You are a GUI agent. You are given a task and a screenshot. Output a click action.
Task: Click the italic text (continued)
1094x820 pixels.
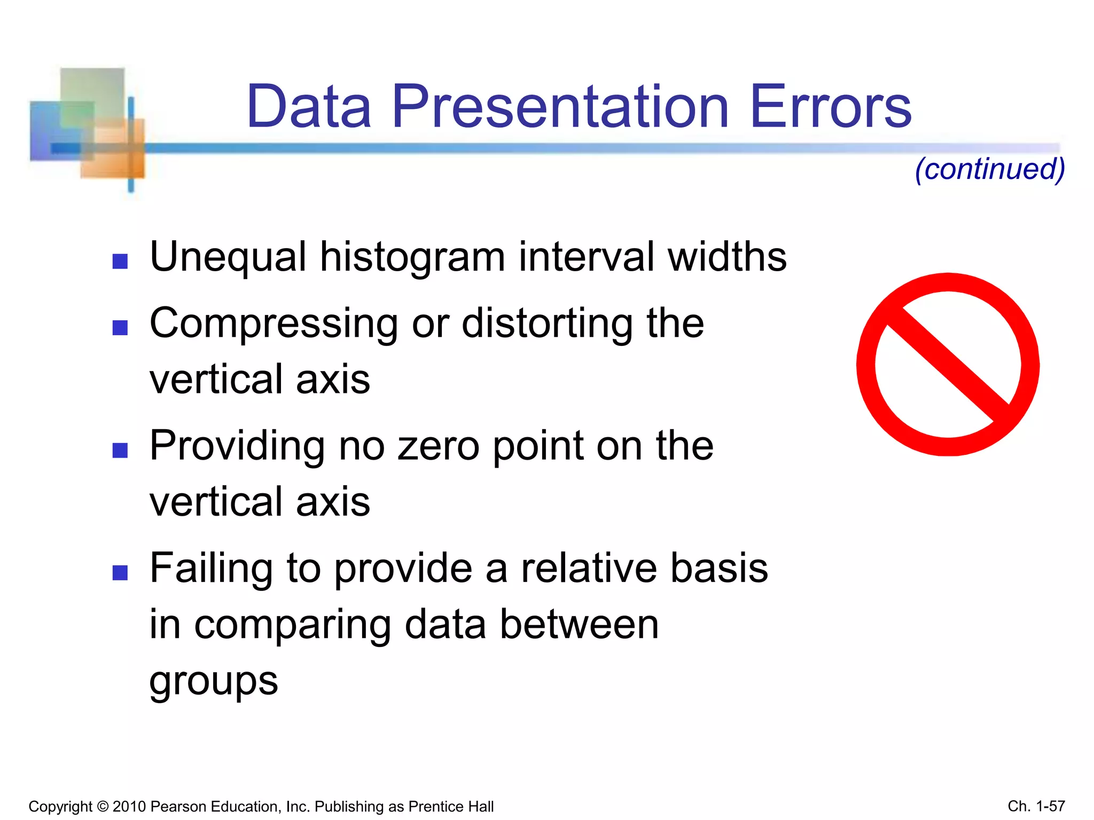(990, 169)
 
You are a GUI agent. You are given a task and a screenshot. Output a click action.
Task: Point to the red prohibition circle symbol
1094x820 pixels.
(948, 365)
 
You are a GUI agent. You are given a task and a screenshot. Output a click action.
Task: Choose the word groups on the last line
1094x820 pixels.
(214, 682)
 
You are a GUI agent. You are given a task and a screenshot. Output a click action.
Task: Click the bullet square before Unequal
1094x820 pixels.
(120, 261)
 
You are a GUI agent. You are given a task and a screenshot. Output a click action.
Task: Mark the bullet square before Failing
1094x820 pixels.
(120, 573)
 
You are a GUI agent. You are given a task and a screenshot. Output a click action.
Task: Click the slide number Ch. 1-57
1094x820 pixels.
(1036, 806)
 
